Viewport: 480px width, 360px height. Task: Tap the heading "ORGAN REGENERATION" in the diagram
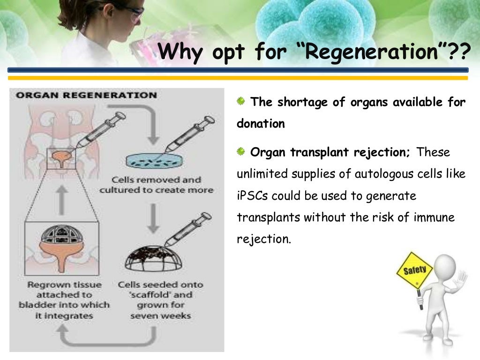pyautogui.click(x=87, y=95)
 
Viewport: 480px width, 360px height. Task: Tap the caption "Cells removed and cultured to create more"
pyautogui.click(x=156, y=185)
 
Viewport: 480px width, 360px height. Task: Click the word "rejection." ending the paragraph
pyautogui.click(x=264, y=239)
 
